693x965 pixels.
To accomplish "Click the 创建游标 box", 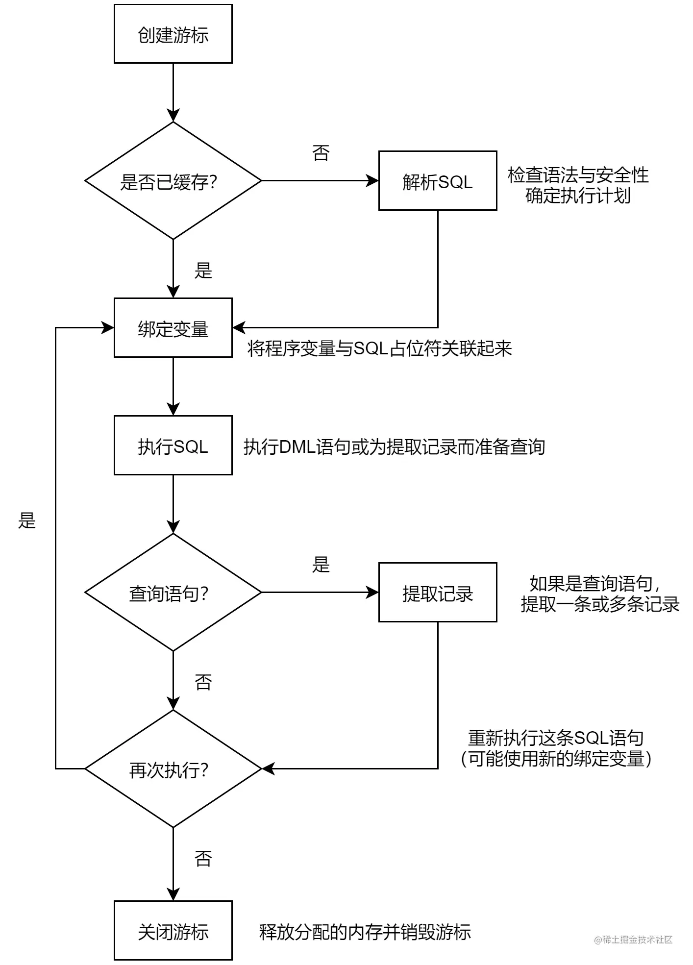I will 173,34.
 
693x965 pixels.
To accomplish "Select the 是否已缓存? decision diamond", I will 173,181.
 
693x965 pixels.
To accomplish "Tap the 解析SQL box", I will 437,181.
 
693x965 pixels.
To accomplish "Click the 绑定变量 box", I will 173,328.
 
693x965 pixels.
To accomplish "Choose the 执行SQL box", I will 173,445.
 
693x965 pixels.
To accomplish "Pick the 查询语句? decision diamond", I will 173,593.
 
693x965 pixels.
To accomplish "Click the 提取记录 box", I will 437,593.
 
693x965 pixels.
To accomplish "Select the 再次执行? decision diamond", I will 173,769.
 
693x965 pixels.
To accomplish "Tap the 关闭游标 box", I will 173,931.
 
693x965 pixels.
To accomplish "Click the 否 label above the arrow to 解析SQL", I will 321,153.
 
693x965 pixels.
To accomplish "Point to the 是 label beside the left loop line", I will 27,520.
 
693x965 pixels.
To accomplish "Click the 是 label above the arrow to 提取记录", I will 321,565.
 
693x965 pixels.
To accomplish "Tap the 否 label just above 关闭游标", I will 203,859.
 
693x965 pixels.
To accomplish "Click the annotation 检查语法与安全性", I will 578,175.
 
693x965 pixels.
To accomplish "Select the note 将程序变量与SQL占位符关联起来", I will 379,348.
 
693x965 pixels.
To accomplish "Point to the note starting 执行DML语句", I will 394,446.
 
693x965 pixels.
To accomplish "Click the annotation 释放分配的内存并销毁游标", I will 365,932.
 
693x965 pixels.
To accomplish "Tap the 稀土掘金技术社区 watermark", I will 633,939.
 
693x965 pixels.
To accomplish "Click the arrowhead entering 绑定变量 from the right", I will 238,328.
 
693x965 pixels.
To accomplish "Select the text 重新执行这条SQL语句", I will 555,737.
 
